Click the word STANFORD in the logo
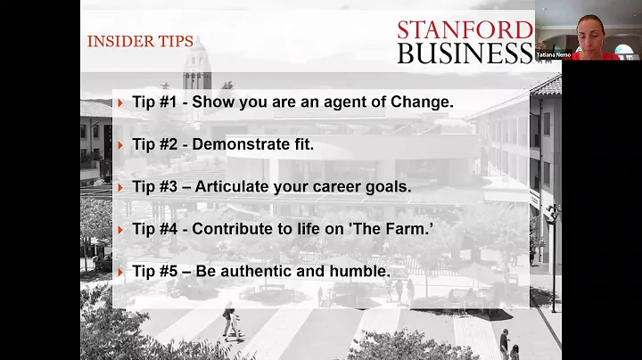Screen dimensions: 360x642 (x=465, y=30)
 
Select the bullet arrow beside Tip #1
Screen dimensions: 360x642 (x=120, y=102)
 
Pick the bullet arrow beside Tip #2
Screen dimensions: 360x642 (x=120, y=145)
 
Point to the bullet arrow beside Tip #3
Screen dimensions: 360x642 (x=120, y=188)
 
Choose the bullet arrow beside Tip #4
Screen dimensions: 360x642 (x=120, y=230)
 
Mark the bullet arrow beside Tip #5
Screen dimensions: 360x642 (x=120, y=273)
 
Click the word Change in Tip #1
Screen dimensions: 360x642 (x=422, y=102)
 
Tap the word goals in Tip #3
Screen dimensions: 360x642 (x=389, y=187)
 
